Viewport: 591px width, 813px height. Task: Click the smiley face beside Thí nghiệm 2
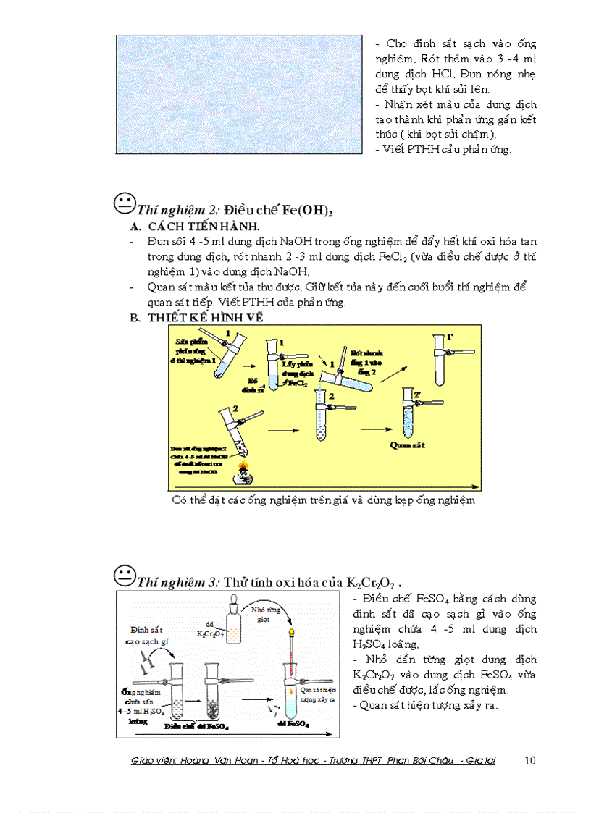(125, 203)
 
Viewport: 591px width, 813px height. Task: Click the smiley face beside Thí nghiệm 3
(125, 576)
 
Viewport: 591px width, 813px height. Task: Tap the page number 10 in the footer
(529, 760)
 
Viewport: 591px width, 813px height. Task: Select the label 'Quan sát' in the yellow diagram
(403, 445)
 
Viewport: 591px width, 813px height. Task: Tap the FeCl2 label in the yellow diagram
(298, 385)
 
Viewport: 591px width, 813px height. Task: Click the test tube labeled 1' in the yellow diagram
(440, 353)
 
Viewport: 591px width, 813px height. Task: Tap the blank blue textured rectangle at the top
(239, 94)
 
